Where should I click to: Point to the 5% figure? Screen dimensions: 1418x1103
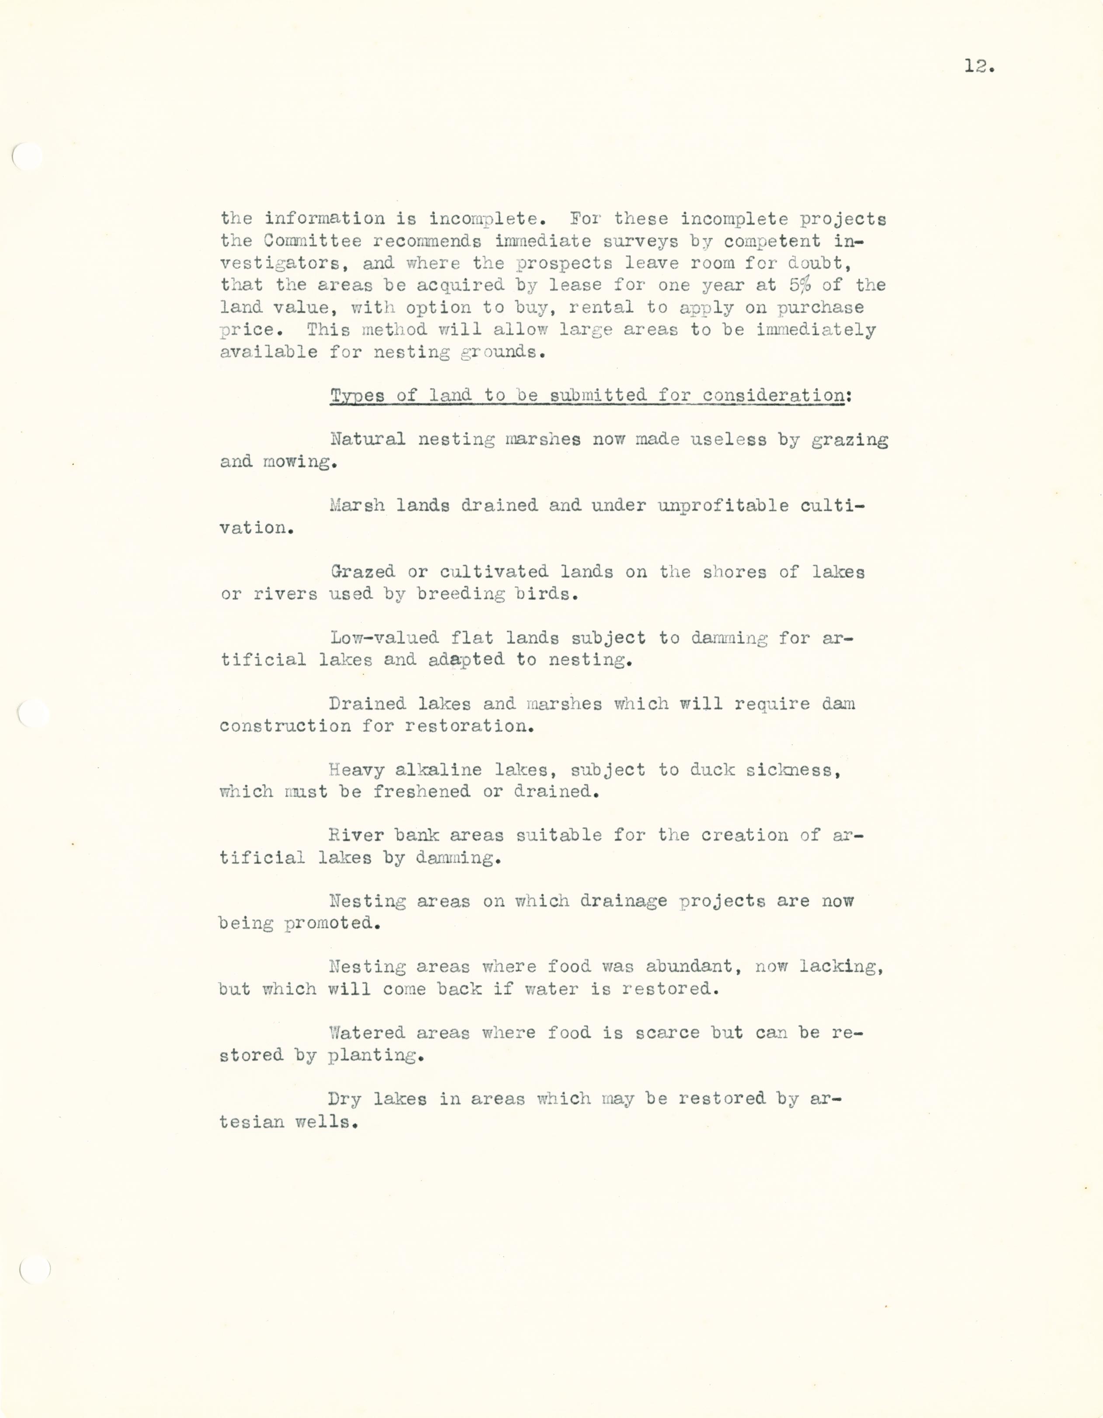(801, 285)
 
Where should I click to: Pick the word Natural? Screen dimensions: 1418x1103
(368, 440)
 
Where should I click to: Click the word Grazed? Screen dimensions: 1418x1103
(362, 572)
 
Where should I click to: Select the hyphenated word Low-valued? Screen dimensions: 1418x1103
(384, 638)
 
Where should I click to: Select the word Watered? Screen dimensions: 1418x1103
(367, 1033)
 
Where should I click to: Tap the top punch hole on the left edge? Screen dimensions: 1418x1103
(28, 156)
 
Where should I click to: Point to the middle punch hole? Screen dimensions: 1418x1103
(33, 713)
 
